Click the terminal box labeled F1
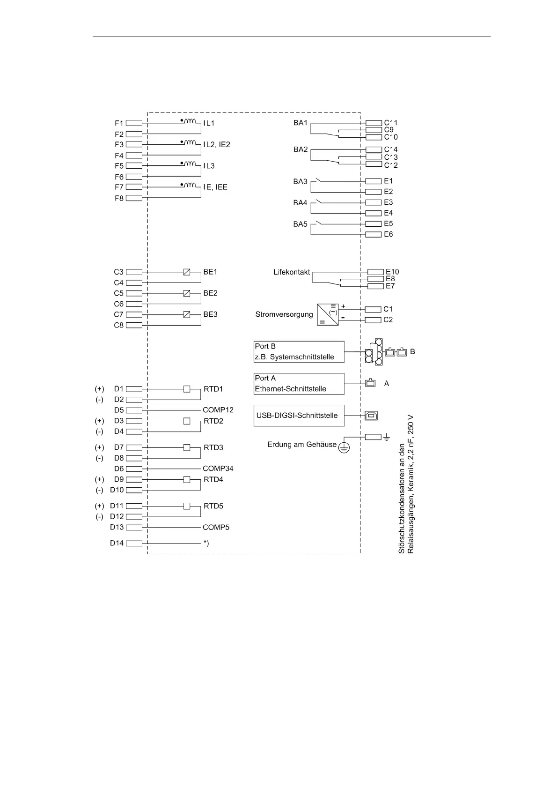[x=134, y=123]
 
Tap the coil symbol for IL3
[x=190, y=164]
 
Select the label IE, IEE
[x=215, y=187]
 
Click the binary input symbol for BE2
[x=187, y=293]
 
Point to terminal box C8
[x=134, y=325]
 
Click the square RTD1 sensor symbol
[x=187, y=389]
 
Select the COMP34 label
[x=218, y=469]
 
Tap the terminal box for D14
[x=134, y=543]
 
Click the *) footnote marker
[x=206, y=543]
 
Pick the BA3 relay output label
[x=300, y=182]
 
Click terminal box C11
[x=373, y=123]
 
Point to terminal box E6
[x=373, y=234]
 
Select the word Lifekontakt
[x=292, y=272]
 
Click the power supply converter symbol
[x=328, y=314]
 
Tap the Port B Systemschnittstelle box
[x=299, y=352]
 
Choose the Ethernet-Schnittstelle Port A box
[x=299, y=384]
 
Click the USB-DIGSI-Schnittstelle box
[x=299, y=416]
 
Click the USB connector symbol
[x=371, y=416]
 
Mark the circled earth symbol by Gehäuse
[x=344, y=447]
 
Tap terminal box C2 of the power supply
[x=373, y=320]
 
